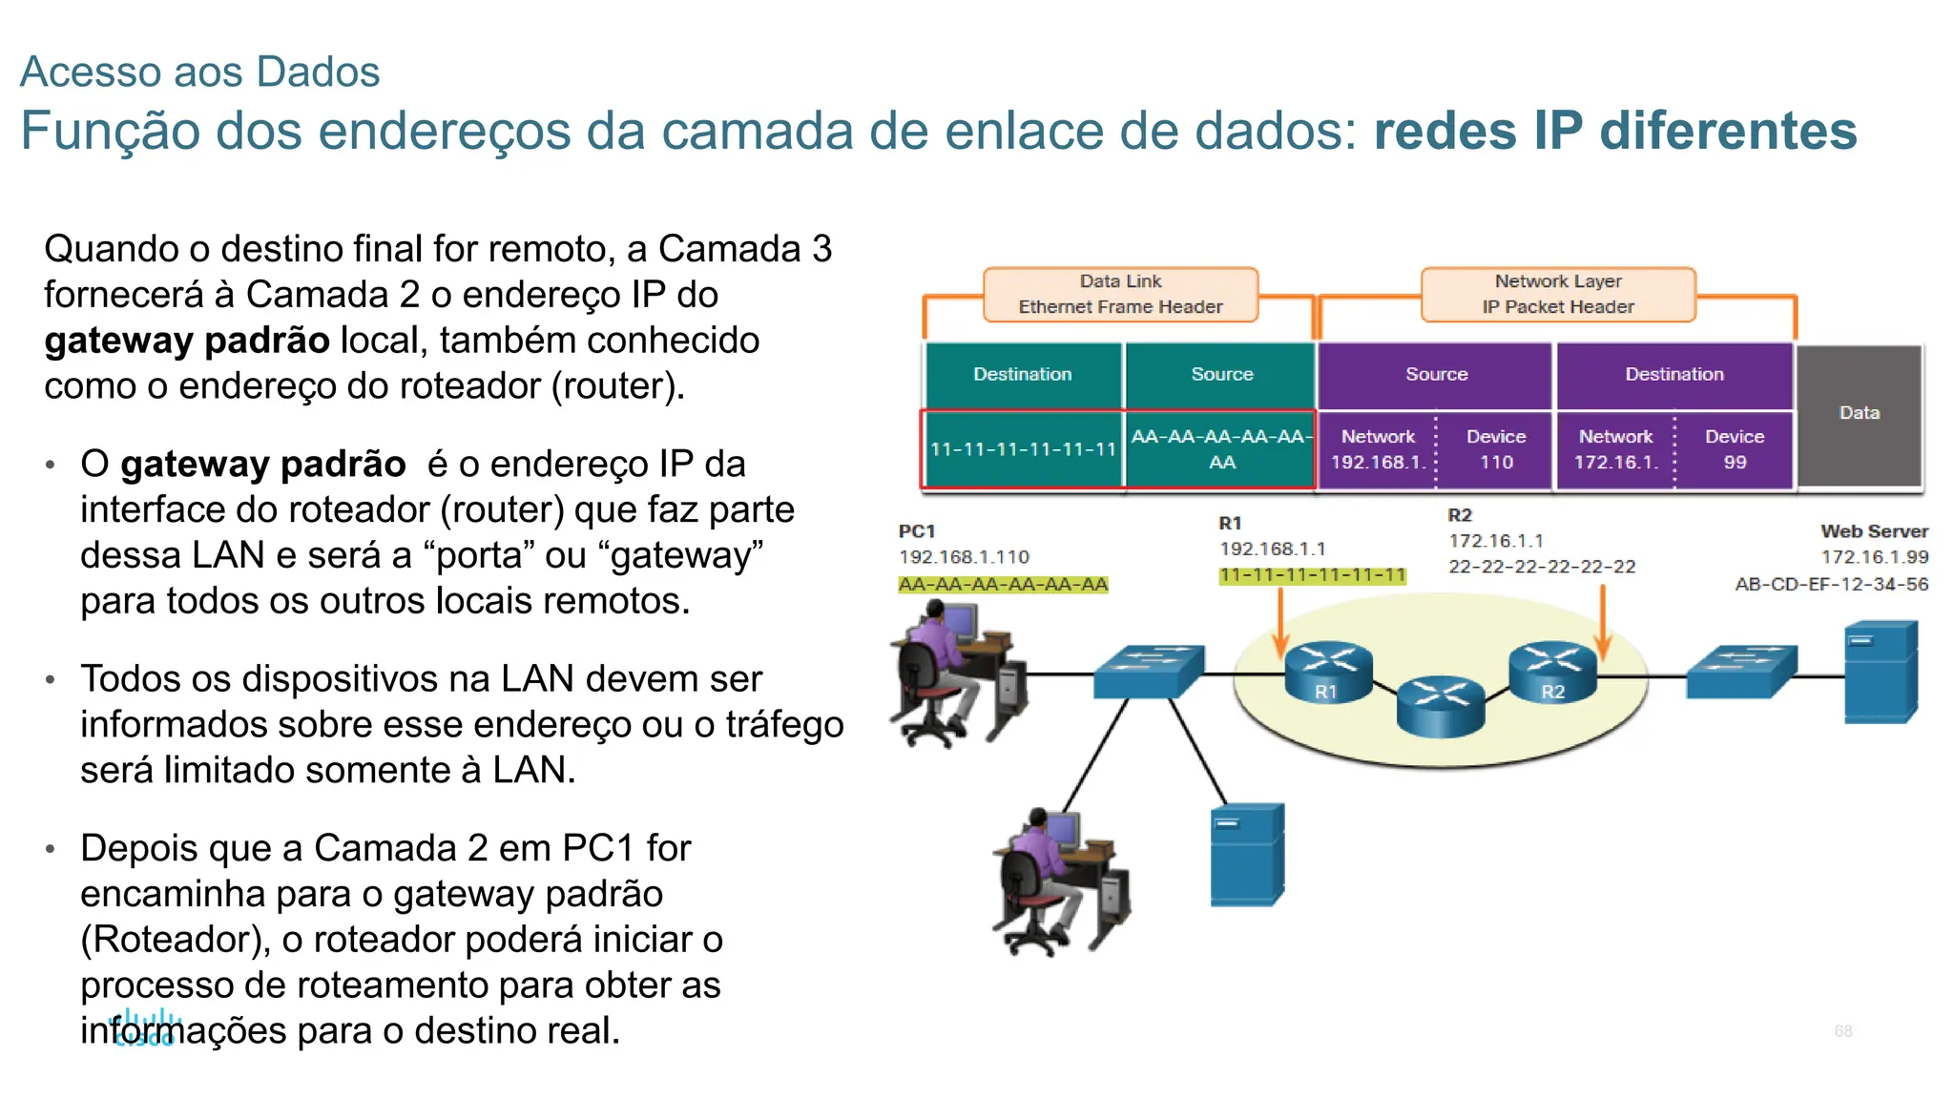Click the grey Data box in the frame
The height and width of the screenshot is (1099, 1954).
(x=1859, y=414)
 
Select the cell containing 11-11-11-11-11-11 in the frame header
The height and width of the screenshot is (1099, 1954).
(x=1023, y=449)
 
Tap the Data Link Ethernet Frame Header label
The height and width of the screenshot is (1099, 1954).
(x=1120, y=294)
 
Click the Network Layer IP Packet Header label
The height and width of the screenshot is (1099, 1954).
(x=1558, y=294)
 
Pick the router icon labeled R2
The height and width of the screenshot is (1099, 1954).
(x=1552, y=671)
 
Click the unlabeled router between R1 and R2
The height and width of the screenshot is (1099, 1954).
(x=1441, y=706)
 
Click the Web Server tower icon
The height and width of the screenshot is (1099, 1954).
(x=1881, y=672)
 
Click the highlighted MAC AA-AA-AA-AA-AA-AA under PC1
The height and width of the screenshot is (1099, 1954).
(x=1003, y=584)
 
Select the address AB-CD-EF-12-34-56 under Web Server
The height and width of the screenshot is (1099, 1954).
(x=1831, y=584)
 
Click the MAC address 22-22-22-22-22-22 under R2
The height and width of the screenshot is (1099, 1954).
(x=1542, y=567)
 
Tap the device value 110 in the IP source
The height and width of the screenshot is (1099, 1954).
(x=1496, y=463)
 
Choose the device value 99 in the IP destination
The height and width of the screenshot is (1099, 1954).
(x=1735, y=463)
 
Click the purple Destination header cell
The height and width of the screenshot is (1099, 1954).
(x=1674, y=374)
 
